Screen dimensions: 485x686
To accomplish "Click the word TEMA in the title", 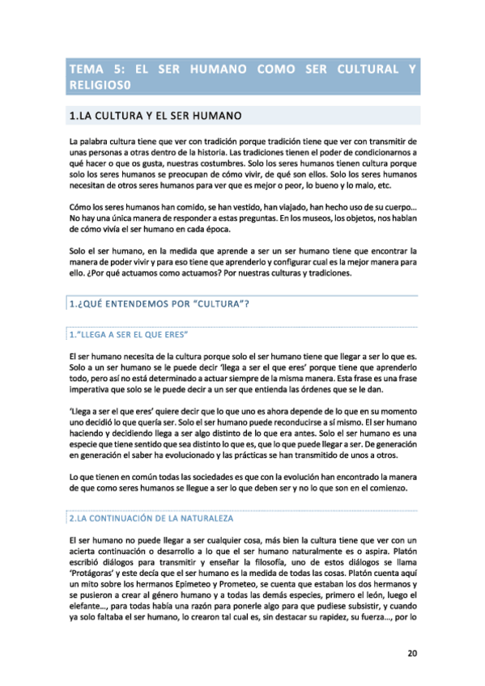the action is tap(88, 69).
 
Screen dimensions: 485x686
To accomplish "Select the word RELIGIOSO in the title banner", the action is tap(101, 83).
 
